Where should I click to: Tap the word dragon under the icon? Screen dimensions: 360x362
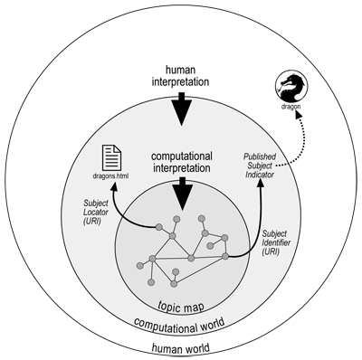(291, 114)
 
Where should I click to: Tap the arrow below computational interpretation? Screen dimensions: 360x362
(183, 192)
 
